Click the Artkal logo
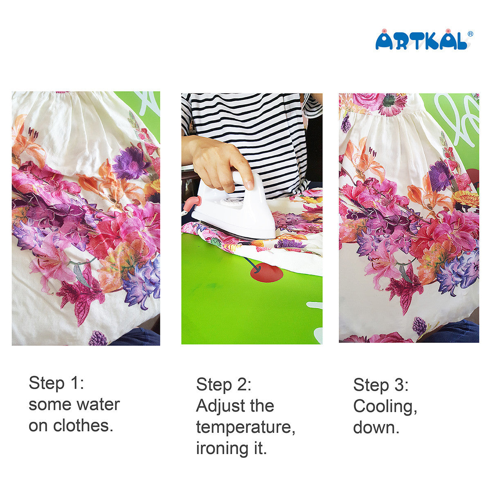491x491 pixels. [x=421, y=41]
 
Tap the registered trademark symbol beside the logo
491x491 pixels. [x=470, y=34]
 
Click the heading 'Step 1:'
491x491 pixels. [x=56, y=383]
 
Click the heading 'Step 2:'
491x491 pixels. [x=223, y=385]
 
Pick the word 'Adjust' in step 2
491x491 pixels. [x=220, y=406]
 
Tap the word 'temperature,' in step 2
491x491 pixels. [x=245, y=427]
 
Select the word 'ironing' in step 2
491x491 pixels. [x=221, y=448]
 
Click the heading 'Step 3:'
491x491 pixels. [x=381, y=385]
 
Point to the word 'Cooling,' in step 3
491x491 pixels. [x=385, y=406]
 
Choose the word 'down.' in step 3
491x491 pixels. [x=376, y=428]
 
